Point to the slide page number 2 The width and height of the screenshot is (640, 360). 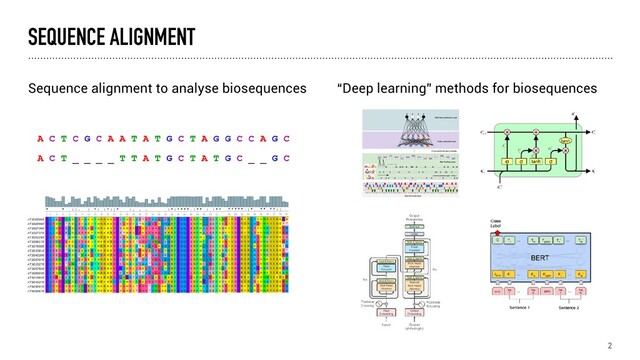[609, 345]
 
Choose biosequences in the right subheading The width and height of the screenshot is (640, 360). [560, 89]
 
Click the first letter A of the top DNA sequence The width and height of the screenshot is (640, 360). [40, 139]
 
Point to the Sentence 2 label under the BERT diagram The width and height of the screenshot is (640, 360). [570, 308]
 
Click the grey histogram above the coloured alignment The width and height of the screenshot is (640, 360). [170, 203]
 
